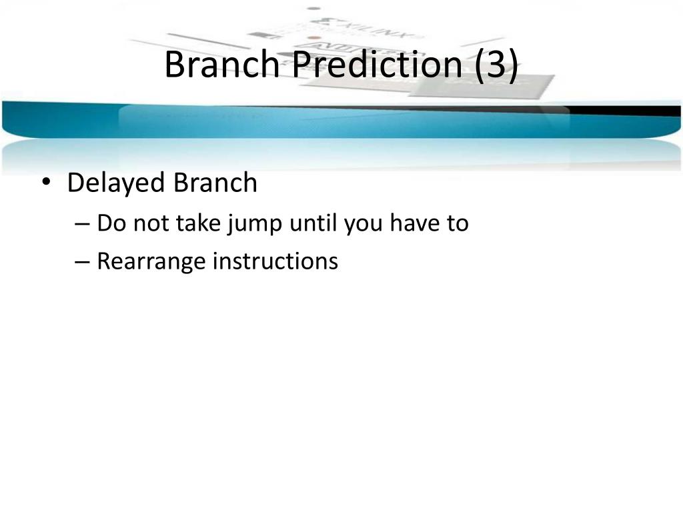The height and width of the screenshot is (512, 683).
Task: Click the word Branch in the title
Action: point(222,64)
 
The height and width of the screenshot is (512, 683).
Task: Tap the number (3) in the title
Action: point(496,65)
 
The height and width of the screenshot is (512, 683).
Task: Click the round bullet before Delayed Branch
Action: point(46,181)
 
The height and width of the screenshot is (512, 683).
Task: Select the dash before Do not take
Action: point(82,224)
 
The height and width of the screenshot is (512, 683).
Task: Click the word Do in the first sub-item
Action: point(111,223)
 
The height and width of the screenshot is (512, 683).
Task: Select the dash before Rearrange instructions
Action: point(82,263)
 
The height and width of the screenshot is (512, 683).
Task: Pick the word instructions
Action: point(275,261)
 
